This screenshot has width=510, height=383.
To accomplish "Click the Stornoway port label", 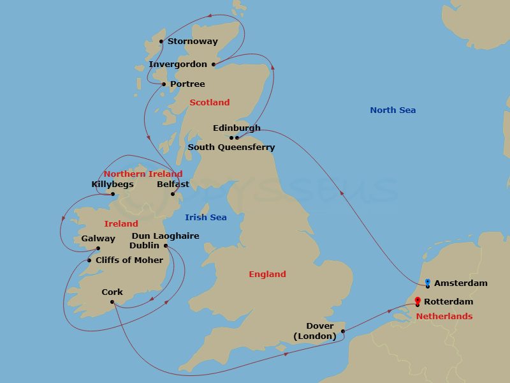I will [x=193, y=41].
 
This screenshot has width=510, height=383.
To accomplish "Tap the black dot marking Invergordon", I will [x=214, y=64].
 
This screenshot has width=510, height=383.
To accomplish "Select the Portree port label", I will [x=187, y=84].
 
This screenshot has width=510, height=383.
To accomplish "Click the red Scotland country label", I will [x=209, y=102].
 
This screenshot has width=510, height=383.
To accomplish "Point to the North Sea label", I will [x=393, y=110].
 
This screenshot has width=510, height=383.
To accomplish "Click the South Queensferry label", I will [x=231, y=147].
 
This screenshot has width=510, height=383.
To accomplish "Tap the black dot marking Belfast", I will [x=173, y=194].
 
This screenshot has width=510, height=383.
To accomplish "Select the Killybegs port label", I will [x=112, y=184].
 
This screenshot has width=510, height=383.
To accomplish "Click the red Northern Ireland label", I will [x=143, y=174].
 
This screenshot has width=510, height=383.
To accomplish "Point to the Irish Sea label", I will [x=205, y=218].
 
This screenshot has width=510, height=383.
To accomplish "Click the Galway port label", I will [x=98, y=239].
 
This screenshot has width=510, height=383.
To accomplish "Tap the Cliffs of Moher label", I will [x=129, y=260].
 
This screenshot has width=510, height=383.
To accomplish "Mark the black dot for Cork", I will [x=112, y=302].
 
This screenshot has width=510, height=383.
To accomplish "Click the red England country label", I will [x=267, y=274].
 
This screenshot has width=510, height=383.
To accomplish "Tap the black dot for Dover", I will [x=343, y=331].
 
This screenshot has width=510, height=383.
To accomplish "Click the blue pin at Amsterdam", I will [x=427, y=282].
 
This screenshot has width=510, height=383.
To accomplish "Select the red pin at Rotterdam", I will [x=417, y=301].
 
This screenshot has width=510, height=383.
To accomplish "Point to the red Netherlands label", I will [x=444, y=317].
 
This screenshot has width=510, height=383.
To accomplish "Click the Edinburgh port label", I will [x=237, y=128].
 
